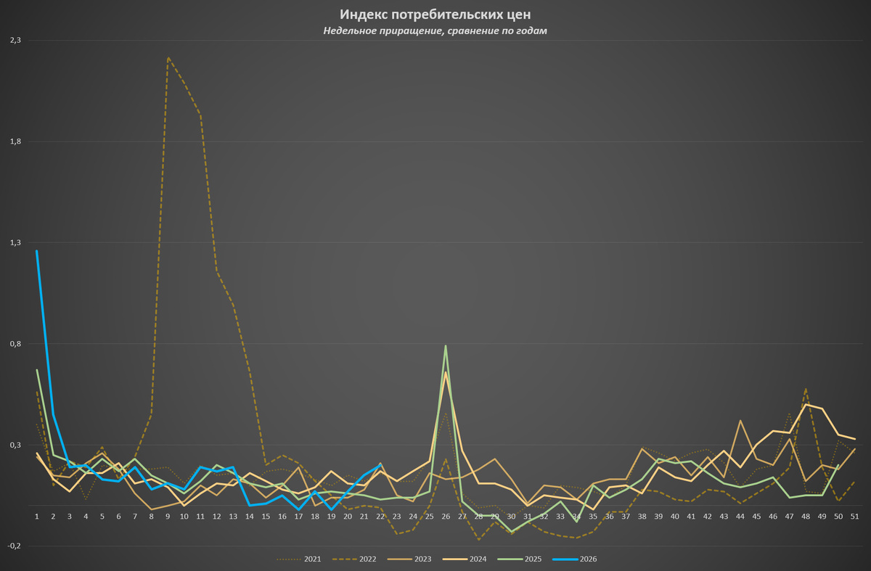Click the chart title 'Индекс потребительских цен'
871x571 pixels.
[x=435, y=15]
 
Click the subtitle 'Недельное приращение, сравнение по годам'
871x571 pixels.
[x=435, y=30]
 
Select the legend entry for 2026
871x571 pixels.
[x=575, y=559]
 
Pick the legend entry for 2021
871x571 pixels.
[x=299, y=559]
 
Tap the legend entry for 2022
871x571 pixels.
[x=354, y=559]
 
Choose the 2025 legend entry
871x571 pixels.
[x=520, y=559]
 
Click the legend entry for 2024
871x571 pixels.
[x=465, y=559]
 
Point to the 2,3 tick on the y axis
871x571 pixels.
[x=15, y=40]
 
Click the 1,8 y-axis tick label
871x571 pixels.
[x=15, y=141]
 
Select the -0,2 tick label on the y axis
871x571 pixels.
[x=14, y=546]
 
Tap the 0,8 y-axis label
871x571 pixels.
[x=15, y=344]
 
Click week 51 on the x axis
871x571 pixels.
[x=855, y=517]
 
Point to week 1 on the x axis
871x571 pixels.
[x=37, y=517]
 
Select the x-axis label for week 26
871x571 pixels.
[x=446, y=517]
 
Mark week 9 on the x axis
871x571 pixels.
[x=168, y=517]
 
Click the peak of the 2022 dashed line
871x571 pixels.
[x=168, y=58]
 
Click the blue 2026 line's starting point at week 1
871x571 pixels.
[x=37, y=251]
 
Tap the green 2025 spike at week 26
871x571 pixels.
[x=446, y=345]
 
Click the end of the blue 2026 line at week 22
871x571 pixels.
[x=380, y=465]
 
